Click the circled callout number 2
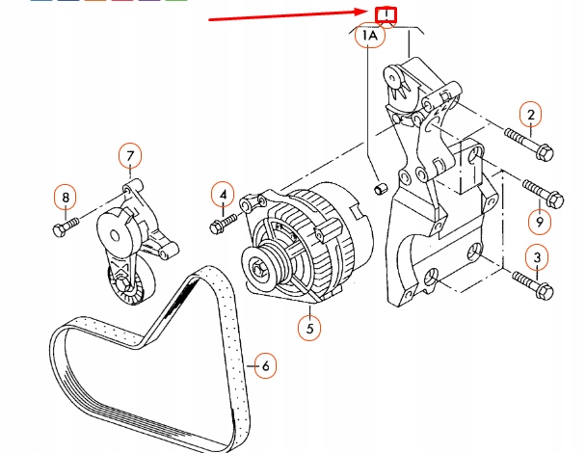(529, 116)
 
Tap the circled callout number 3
(538, 256)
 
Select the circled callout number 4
(223, 195)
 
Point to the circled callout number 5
(309, 329)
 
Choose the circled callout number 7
(130, 154)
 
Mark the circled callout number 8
(66, 199)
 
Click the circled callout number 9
(539, 222)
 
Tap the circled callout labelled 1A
(370, 37)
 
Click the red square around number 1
(386, 14)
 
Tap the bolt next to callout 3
(530, 283)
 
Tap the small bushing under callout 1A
(380, 184)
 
